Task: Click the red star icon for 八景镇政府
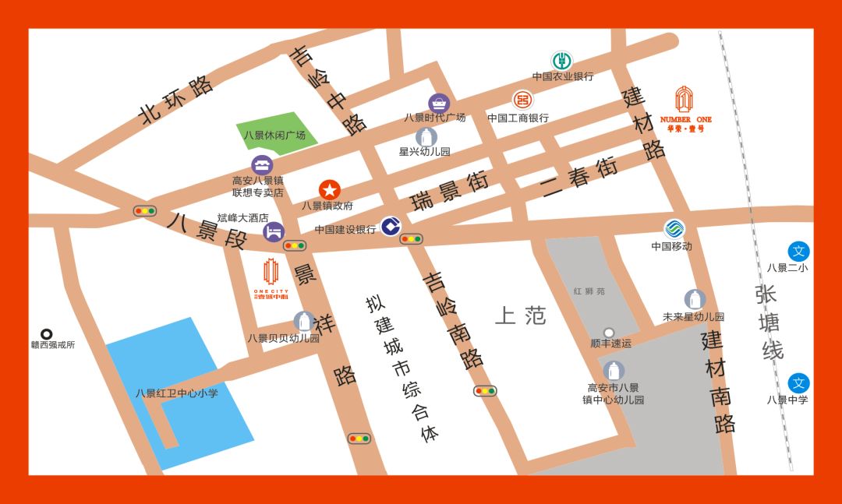pos(330,189)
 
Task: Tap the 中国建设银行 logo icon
pos(391,227)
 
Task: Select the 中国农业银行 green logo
pos(561,60)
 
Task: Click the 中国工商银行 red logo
pos(522,100)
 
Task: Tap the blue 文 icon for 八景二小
pos(798,251)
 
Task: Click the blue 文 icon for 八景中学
pos(798,382)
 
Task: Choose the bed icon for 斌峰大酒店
pos(274,231)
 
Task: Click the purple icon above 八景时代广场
pos(439,103)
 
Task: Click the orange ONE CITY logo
pos(271,279)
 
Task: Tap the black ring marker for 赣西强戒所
pos(47,333)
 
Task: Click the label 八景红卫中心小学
pos(177,393)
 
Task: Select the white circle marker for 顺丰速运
pos(609,333)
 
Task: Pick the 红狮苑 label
pos(589,291)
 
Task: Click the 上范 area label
pos(521,315)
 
